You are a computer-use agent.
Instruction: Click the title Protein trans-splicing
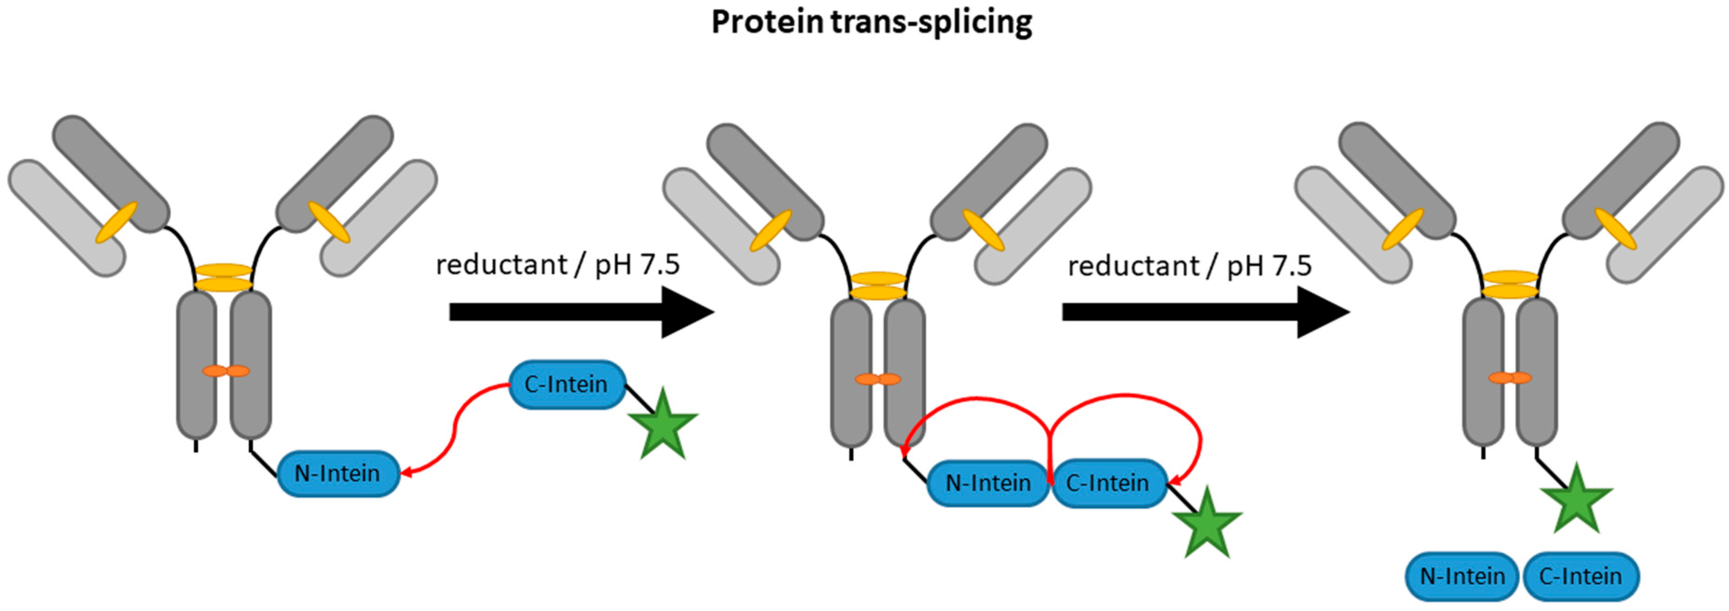pos(871,23)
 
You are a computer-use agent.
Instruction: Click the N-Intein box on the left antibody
pos(338,473)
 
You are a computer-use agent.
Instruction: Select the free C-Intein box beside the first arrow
pos(566,385)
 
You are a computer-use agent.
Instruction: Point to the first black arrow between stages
pos(581,312)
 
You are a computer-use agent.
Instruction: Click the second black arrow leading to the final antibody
pos(1205,312)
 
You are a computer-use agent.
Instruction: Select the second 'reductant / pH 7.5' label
pos(1189,266)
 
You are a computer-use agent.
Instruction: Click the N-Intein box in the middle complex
pos(988,483)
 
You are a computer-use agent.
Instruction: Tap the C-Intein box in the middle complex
pos(1108,483)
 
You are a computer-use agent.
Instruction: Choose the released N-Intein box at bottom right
pos(1462,576)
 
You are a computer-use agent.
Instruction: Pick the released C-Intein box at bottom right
pos(1581,576)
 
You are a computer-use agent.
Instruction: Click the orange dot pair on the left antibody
pos(226,371)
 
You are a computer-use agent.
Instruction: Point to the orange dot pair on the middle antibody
pos(878,379)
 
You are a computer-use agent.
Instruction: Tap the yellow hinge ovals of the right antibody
pos(1510,284)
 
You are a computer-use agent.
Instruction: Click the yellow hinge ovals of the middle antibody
pos(878,285)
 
